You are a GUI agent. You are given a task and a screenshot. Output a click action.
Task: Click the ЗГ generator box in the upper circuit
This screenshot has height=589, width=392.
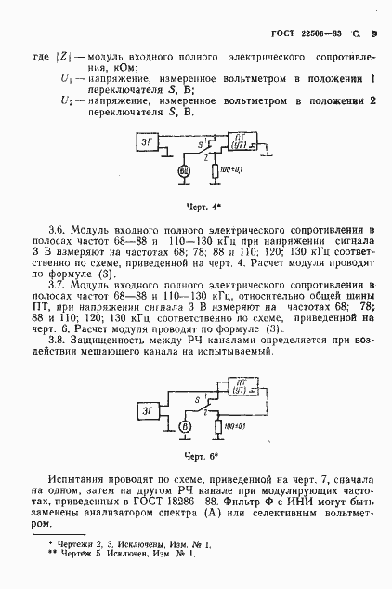click(148, 141)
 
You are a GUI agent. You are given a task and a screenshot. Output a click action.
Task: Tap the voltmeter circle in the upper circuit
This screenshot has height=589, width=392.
click(184, 171)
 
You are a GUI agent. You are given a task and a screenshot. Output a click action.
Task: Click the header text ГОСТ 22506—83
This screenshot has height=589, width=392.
click(299, 34)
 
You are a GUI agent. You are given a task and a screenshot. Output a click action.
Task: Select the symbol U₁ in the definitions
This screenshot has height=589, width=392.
click(65, 80)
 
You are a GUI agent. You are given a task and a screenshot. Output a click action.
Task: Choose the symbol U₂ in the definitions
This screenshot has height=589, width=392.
click(65, 100)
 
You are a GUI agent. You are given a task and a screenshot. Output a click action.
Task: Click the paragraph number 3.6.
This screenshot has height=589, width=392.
click(57, 228)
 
